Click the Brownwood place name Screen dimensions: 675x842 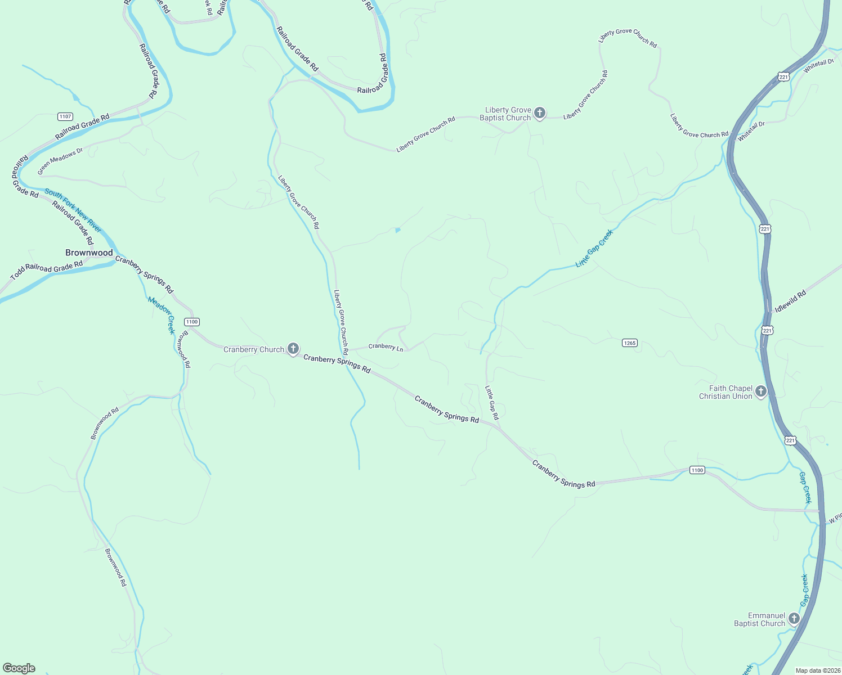click(x=89, y=253)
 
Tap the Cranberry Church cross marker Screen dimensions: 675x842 click(x=293, y=349)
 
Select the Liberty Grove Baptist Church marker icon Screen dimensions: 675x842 click(x=539, y=113)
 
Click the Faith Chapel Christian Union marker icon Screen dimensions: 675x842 click(x=761, y=391)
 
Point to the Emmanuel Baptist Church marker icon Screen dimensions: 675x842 click(x=794, y=619)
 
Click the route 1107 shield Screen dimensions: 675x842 click(x=65, y=116)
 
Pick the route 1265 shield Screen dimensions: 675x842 click(x=630, y=343)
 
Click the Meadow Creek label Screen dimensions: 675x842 click(x=162, y=315)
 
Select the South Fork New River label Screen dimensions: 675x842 click(x=73, y=210)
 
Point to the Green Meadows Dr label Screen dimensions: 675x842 click(x=60, y=160)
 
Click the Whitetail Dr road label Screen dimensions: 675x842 click(x=751, y=131)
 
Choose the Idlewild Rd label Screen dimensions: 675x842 click(x=790, y=301)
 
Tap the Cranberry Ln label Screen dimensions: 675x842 click(x=386, y=346)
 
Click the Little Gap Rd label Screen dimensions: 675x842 click(x=492, y=402)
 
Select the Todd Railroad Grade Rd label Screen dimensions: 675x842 click(x=47, y=270)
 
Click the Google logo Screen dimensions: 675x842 click(x=19, y=668)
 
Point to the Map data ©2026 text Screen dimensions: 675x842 click(x=817, y=670)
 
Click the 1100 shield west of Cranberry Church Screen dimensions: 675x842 click(x=192, y=322)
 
